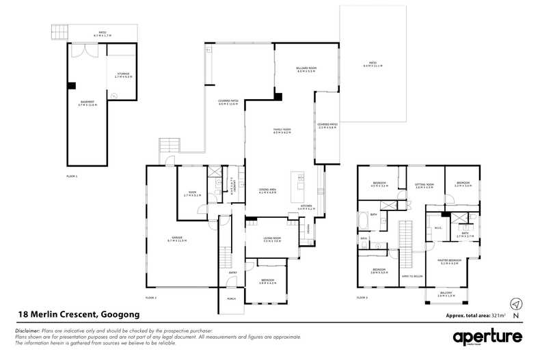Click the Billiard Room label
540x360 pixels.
point(306,69)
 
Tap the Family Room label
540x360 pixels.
point(282,130)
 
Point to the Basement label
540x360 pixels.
point(89,103)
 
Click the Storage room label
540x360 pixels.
point(122,74)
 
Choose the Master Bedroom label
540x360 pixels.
point(450,261)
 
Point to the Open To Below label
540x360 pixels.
point(412,277)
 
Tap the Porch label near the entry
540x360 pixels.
point(231,299)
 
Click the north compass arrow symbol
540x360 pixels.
point(517,303)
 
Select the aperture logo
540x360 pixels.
point(487,337)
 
